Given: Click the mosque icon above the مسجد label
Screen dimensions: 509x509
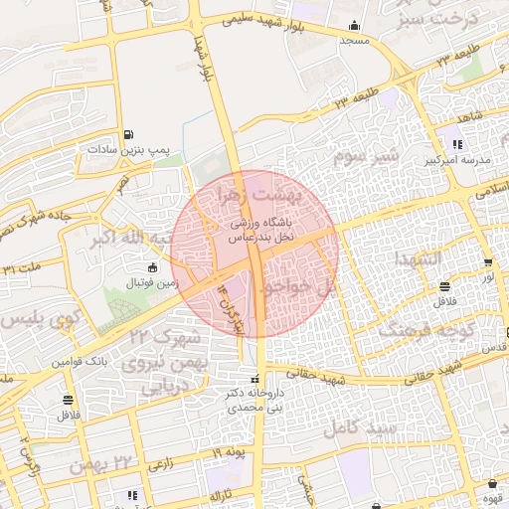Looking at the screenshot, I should pyautogui.click(x=354, y=27).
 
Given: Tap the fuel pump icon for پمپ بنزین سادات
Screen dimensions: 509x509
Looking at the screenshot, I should pyautogui.click(x=128, y=134).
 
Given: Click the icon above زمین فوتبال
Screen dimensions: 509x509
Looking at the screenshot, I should pyautogui.click(x=151, y=267).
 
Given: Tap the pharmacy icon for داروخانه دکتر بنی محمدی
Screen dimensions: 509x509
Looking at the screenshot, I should pyautogui.click(x=255, y=379).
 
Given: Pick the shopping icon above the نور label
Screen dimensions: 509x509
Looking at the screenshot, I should pyautogui.click(x=487, y=263).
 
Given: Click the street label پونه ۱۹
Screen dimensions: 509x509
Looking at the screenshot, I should pyautogui.click(x=228, y=453).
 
